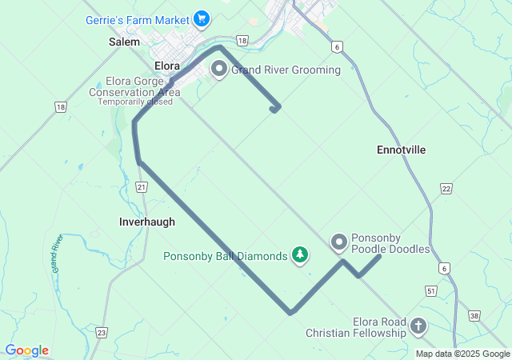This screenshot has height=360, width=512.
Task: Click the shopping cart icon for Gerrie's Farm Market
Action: [x=202, y=18]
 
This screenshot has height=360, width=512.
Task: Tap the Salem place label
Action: [x=124, y=41]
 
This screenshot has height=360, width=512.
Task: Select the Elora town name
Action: [x=167, y=66]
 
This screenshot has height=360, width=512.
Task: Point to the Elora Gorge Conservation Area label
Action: [x=134, y=86]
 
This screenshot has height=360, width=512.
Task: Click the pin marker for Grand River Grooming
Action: [x=218, y=70]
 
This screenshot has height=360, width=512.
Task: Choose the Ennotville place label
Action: [x=401, y=150]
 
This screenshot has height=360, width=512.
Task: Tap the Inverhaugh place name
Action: [x=146, y=222]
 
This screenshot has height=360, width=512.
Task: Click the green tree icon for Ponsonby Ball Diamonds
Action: [x=300, y=255]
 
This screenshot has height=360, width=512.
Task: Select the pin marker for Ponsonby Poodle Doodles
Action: [x=339, y=241]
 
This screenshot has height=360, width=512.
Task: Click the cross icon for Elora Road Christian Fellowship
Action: [x=418, y=326]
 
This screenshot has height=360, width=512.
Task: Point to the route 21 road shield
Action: [x=142, y=187]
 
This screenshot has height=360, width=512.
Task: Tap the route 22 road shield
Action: [x=446, y=188]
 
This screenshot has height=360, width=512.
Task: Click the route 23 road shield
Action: [x=101, y=332]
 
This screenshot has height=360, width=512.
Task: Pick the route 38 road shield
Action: [x=474, y=316]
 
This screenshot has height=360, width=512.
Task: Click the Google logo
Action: [x=27, y=350]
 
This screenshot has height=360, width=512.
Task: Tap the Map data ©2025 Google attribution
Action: [x=462, y=354]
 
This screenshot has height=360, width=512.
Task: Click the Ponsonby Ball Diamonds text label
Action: [x=225, y=257]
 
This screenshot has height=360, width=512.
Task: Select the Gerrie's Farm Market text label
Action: [x=138, y=18]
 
